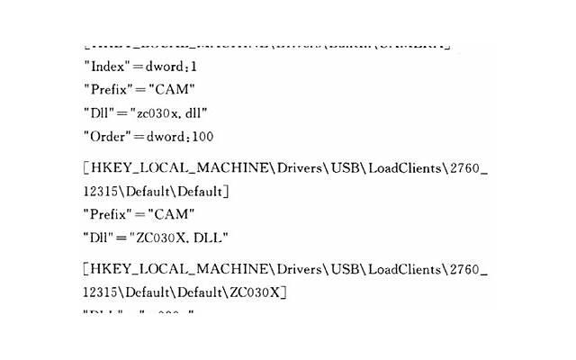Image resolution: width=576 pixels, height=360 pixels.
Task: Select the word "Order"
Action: click(107, 136)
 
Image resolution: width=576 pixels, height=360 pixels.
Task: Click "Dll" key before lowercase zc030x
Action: click(99, 112)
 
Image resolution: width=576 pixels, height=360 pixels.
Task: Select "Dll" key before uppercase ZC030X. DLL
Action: click(99, 238)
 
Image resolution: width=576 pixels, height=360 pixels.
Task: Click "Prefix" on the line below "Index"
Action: click(109, 89)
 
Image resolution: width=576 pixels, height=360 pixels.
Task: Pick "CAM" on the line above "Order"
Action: click(173, 89)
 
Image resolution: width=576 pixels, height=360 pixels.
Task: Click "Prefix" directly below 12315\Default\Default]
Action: click(109, 214)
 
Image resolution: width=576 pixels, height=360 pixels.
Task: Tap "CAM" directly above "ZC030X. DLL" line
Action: click(173, 214)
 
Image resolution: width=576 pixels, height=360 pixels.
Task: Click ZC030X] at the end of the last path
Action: click(257, 292)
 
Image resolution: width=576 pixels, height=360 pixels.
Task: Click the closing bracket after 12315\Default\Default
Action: click(227, 191)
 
